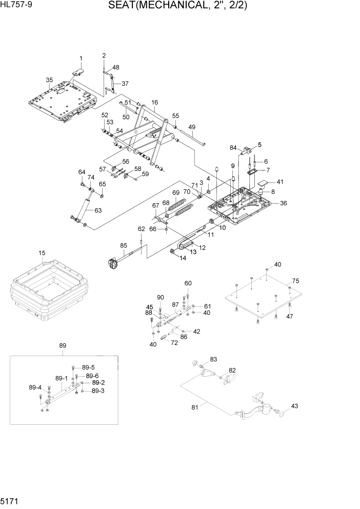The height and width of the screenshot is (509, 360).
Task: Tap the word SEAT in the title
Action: (x=124, y=6)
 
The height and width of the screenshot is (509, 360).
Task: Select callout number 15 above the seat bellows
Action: (x=42, y=253)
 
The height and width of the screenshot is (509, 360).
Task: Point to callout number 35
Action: (x=49, y=80)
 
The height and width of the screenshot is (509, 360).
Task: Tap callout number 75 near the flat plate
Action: (x=295, y=281)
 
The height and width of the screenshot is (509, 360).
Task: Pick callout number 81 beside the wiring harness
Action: (x=194, y=407)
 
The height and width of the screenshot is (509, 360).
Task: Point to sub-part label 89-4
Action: (x=35, y=387)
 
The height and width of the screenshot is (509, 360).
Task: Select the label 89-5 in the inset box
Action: (x=88, y=367)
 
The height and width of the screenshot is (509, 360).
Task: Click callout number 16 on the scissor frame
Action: (x=154, y=103)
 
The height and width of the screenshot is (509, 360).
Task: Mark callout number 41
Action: (x=279, y=182)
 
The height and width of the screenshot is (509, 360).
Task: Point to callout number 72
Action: (x=174, y=342)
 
